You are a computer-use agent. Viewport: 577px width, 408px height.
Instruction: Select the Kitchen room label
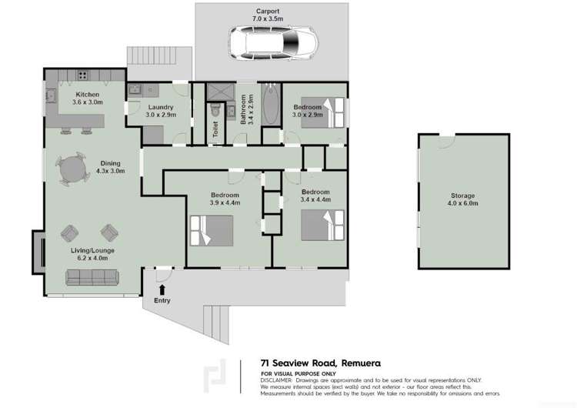point(87,97)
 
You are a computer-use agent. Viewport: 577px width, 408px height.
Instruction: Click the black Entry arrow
point(162,289)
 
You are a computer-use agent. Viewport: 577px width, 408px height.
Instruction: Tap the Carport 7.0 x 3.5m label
point(268,16)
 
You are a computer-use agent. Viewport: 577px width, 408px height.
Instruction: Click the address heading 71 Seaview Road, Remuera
point(321,363)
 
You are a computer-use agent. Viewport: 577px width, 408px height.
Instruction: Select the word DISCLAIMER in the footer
point(276,380)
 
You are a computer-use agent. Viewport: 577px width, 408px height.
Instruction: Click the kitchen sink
point(52,96)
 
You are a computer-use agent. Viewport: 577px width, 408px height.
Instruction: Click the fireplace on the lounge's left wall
point(36,252)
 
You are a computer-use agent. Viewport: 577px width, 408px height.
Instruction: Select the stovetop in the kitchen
point(83,75)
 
